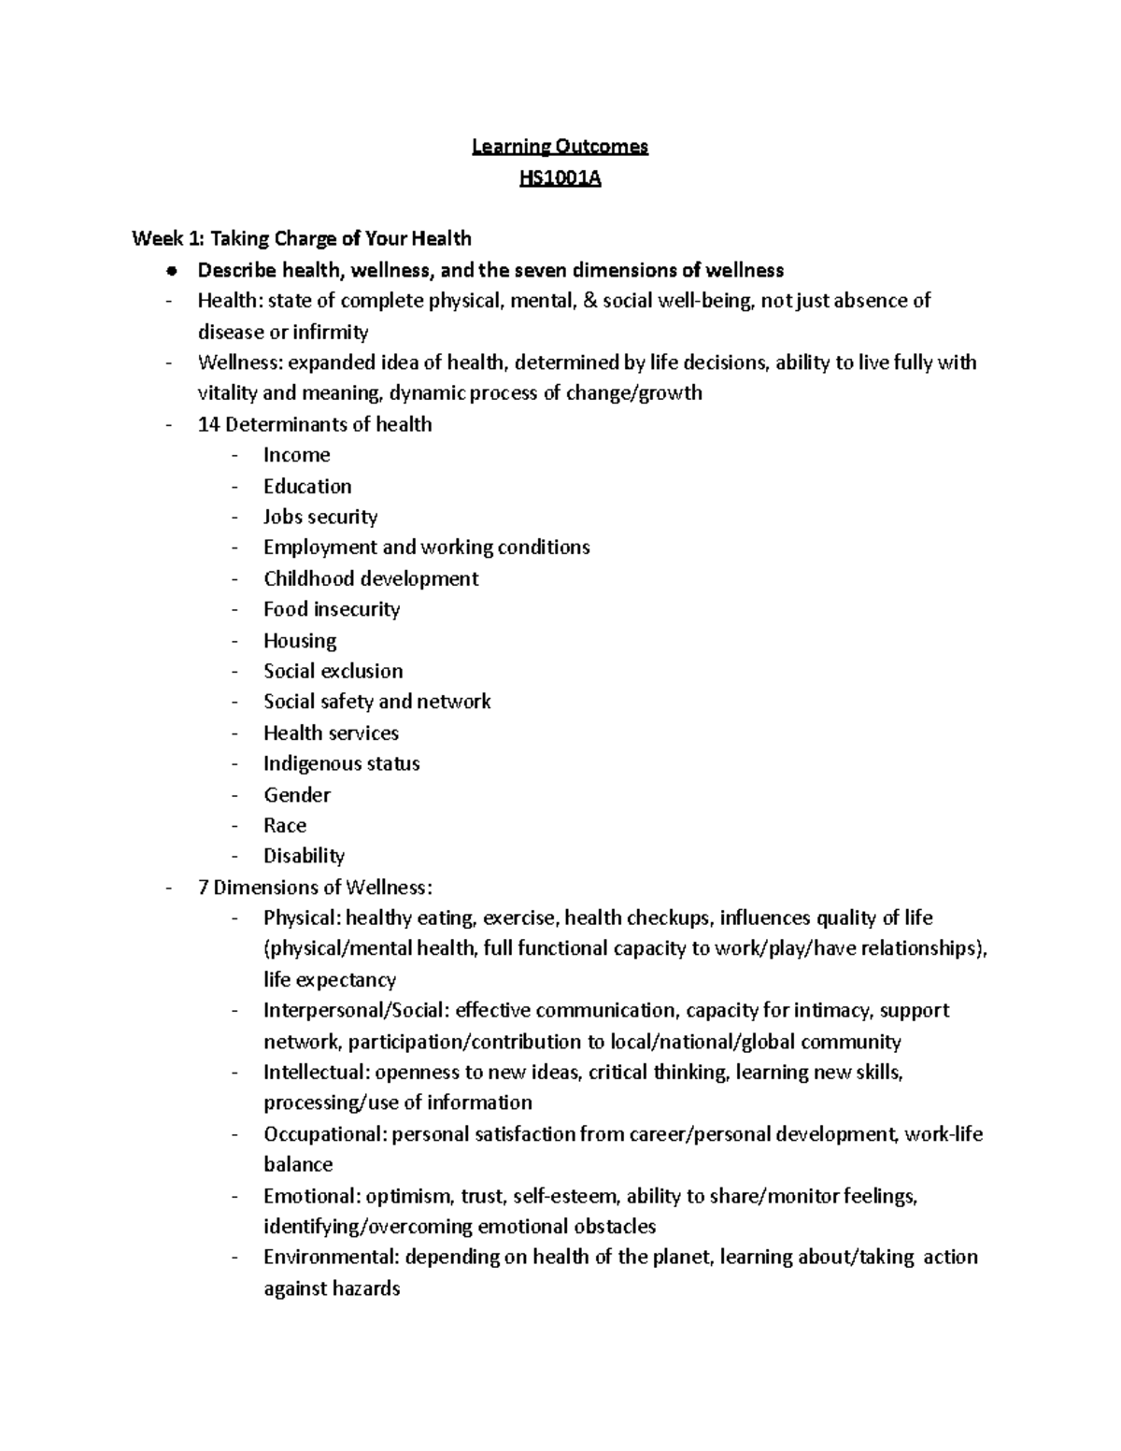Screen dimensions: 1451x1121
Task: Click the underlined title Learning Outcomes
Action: pos(560,146)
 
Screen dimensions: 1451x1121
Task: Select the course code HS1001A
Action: pos(560,177)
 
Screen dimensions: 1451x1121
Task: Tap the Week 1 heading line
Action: pos(302,238)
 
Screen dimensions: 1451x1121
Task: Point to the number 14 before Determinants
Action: pos(208,424)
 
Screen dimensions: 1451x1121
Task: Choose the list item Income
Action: pos(296,455)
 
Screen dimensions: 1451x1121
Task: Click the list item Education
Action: pos(307,486)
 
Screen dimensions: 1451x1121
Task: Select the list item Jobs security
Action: pos(319,517)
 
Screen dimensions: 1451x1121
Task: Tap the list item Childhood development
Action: pos(371,578)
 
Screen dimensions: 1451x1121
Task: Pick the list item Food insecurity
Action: pos(332,609)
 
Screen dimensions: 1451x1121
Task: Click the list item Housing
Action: pos(300,641)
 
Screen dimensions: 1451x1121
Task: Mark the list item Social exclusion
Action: pos(333,671)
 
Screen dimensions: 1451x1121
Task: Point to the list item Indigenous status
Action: pos(341,763)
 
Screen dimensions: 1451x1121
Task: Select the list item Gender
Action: pos(297,795)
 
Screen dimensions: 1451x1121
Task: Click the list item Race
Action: pos(285,825)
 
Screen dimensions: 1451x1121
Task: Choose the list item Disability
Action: pos(304,856)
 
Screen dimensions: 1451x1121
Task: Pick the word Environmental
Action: pos(330,1257)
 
